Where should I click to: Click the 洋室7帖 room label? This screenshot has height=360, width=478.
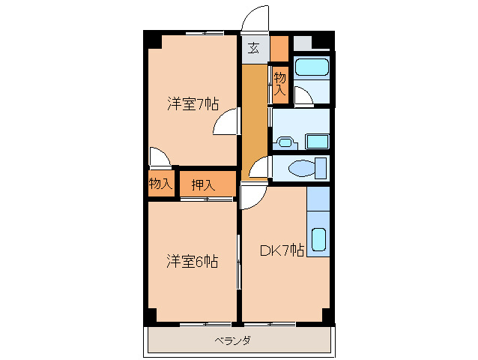coord(192,104)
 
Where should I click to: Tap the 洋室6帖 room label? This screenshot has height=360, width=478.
coord(192,262)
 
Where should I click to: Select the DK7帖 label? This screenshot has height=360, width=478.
coord(281,251)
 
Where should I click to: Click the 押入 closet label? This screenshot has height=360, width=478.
coord(202,184)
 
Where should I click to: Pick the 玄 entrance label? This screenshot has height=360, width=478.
coord(254,49)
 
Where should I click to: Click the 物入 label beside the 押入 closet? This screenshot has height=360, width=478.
coord(160,184)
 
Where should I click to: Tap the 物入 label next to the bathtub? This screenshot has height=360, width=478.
coord(279,83)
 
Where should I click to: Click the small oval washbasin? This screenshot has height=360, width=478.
coord(285,141)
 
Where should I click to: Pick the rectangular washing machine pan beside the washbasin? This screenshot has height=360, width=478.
coord(318,140)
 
